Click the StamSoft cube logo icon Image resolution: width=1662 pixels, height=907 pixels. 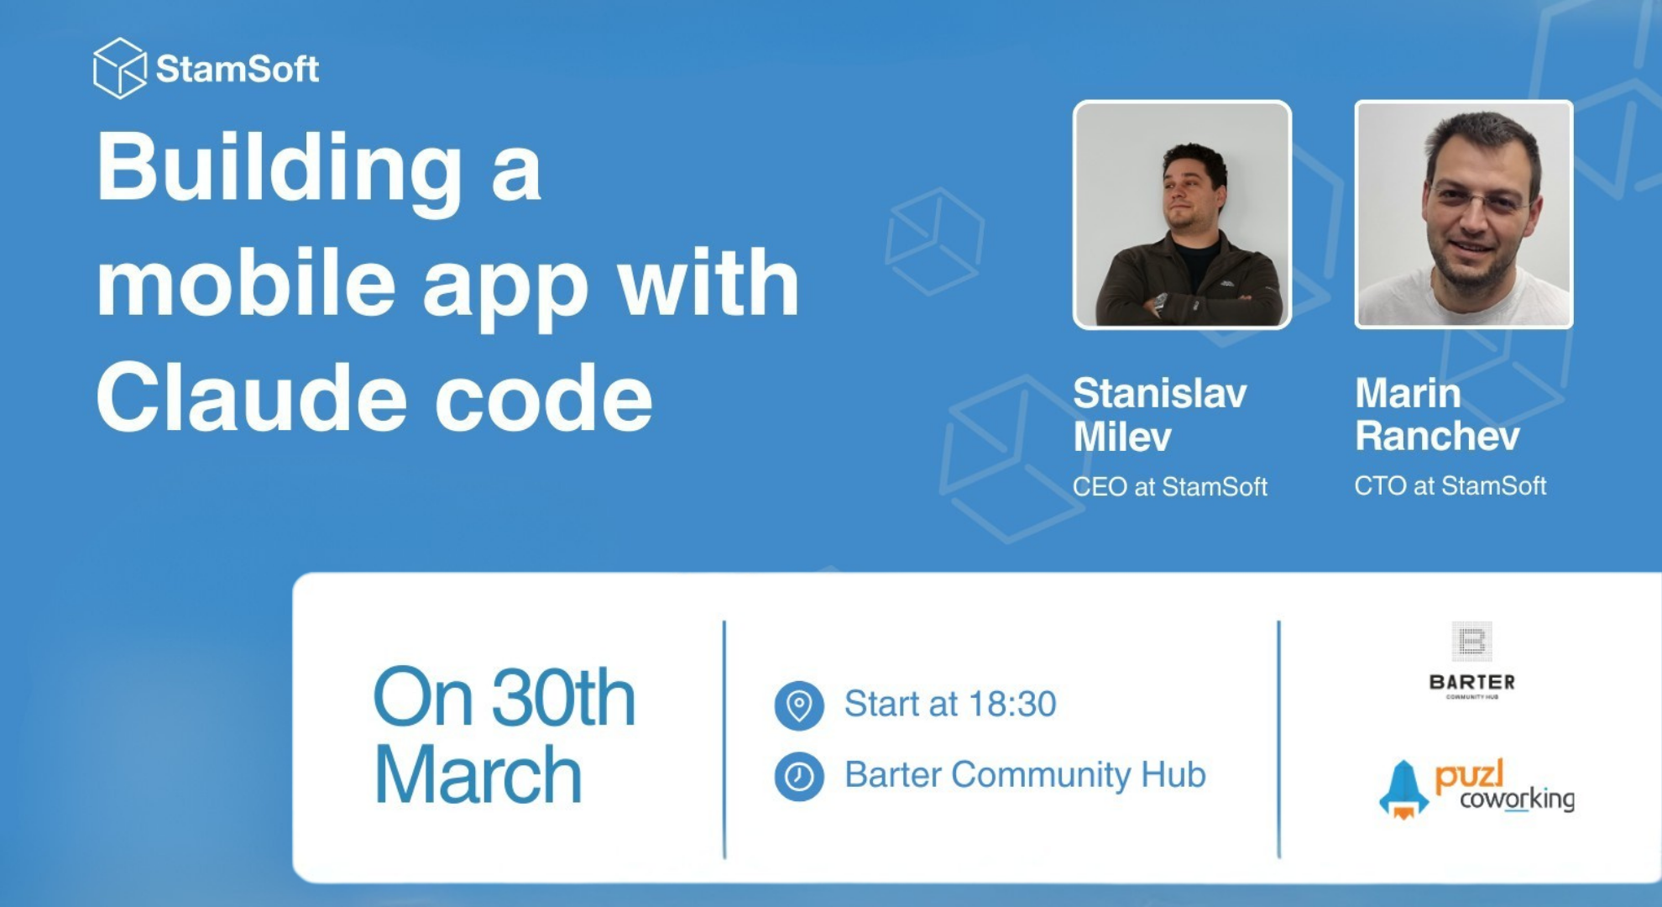[x=119, y=68]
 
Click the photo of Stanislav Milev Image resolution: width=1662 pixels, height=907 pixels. [x=1182, y=215]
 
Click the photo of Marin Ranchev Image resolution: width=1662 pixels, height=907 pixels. [x=1464, y=215]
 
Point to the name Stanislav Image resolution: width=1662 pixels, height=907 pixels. [x=1160, y=393]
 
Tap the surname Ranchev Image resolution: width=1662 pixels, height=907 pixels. [x=1437, y=436]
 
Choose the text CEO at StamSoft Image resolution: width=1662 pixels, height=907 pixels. [x=1170, y=487]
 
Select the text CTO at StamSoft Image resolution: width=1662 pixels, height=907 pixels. [x=1450, y=486]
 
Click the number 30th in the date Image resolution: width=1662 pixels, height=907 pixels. [x=563, y=698]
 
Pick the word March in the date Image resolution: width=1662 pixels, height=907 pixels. [x=478, y=775]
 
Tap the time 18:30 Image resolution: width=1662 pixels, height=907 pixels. [x=1014, y=704]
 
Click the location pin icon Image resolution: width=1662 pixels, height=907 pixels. [x=799, y=705]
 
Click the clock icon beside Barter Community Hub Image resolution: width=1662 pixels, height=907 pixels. [x=799, y=776]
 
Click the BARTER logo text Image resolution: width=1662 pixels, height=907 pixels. [x=1471, y=682]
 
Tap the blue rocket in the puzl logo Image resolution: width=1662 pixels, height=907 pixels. [x=1403, y=789]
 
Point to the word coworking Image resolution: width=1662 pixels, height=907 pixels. [x=1517, y=799]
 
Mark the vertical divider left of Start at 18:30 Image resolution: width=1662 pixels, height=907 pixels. [x=724, y=739]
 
